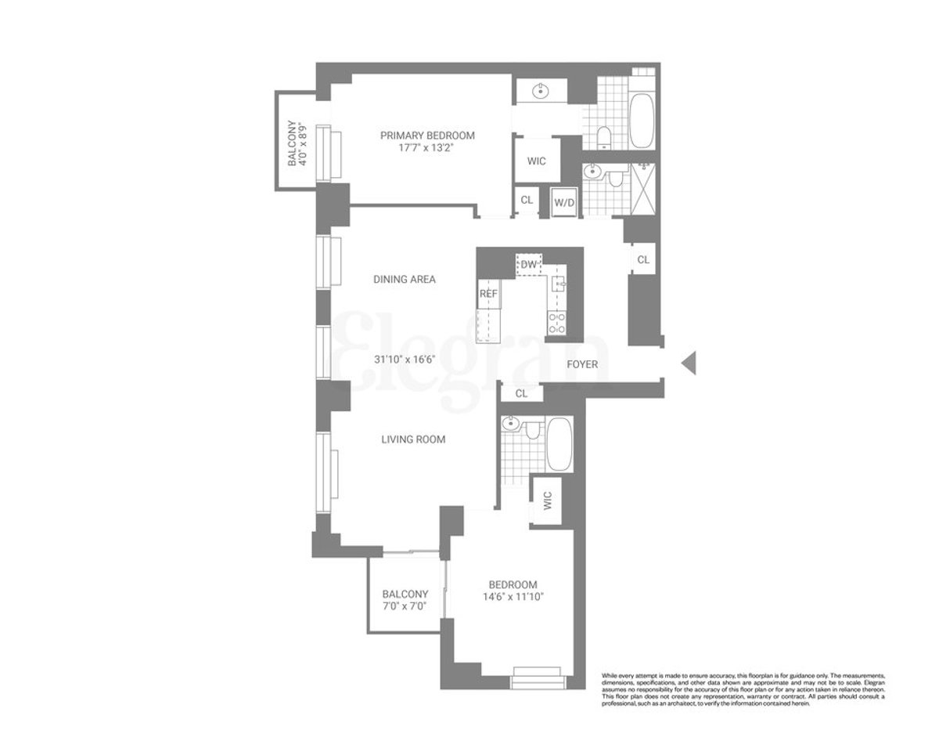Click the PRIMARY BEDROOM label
point(427,136)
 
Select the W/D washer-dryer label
point(563,202)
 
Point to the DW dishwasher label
point(529,265)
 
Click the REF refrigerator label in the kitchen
point(489,294)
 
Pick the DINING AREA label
point(404,279)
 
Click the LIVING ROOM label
point(412,439)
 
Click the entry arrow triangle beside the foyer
point(689,363)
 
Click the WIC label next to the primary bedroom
point(536,161)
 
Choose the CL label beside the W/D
point(527,200)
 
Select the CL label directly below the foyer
point(521,394)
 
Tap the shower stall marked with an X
point(646,187)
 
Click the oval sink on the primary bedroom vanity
point(540,92)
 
